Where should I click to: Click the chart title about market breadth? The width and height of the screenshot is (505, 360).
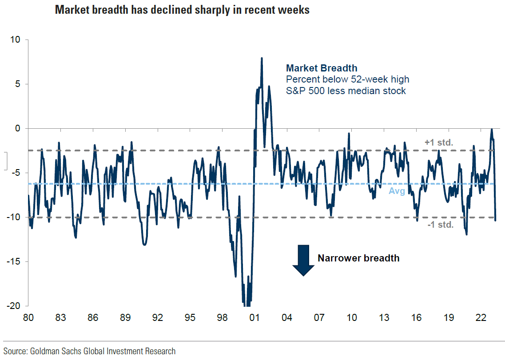click(x=182, y=10)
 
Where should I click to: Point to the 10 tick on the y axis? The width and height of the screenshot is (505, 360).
click(x=16, y=40)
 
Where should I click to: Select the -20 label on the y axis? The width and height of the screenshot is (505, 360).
click(x=14, y=306)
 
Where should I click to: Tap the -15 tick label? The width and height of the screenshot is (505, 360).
click(x=14, y=261)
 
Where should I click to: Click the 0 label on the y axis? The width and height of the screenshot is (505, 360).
click(x=18, y=129)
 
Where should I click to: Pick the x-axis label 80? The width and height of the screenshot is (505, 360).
click(x=28, y=318)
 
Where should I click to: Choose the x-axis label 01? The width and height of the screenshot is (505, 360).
click(x=254, y=318)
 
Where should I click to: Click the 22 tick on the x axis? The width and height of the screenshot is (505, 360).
click(x=481, y=318)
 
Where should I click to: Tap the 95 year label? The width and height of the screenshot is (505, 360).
click(x=190, y=318)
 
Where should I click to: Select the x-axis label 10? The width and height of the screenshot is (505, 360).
click(x=351, y=318)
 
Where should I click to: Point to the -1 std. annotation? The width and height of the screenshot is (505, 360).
click(x=440, y=225)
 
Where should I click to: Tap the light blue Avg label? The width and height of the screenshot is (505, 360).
click(x=397, y=191)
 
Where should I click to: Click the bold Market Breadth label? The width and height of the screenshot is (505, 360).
click(x=322, y=68)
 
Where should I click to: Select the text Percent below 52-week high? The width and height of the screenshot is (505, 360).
click(x=347, y=79)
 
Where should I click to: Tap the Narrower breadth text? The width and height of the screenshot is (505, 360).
click(x=358, y=258)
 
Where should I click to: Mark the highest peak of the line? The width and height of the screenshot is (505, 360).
click(x=262, y=58)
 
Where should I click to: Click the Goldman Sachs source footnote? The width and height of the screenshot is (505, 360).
click(x=90, y=351)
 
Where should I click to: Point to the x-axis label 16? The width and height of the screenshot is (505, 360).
click(x=416, y=318)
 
